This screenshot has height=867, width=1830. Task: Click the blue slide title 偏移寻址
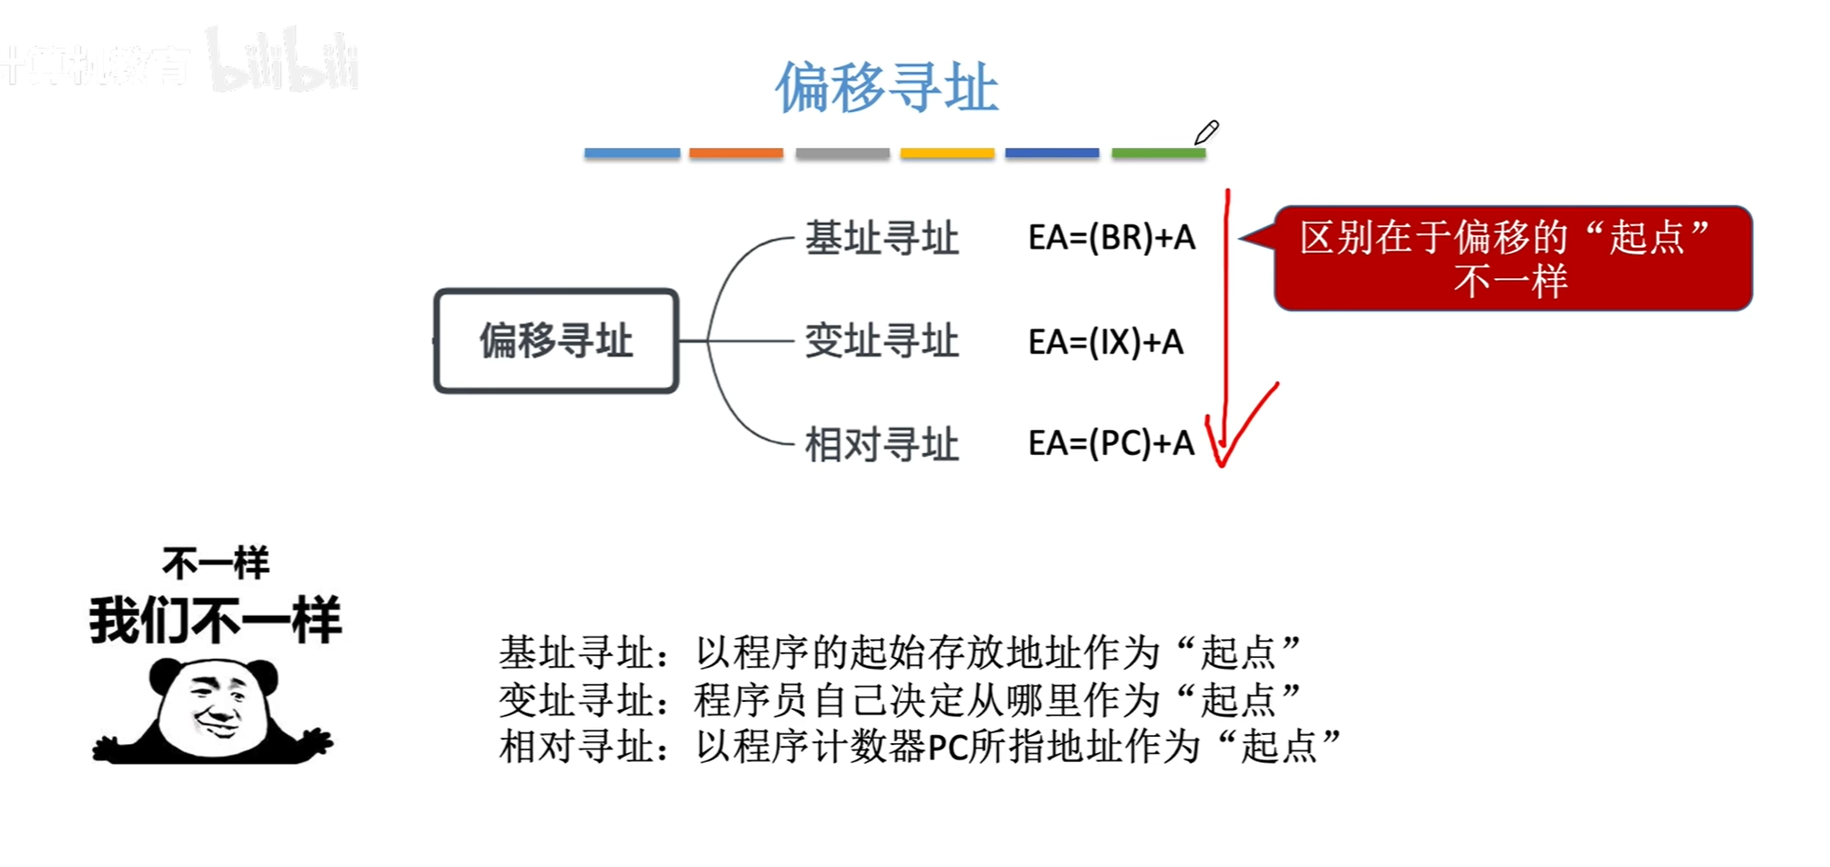tap(886, 88)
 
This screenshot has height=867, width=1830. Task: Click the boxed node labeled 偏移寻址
tap(556, 341)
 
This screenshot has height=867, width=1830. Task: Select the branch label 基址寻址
tap(882, 239)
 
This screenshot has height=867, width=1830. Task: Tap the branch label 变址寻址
tap(882, 342)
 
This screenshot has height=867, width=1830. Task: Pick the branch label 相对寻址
tap(882, 444)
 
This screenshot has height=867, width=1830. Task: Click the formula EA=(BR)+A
tap(1111, 238)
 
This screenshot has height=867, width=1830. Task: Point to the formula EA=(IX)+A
tap(1105, 342)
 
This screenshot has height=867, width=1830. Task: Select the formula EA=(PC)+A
tap(1111, 443)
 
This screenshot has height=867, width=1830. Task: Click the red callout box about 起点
tap(1512, 258)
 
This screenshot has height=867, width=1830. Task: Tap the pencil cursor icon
tap(1207, 133)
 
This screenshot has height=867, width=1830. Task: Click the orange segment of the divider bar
tap(736, 153)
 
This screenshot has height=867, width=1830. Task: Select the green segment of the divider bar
tap(1158, 153)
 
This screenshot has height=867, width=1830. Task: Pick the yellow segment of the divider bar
tap(947, 153)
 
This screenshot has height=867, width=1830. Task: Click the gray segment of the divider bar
tap(842, 153)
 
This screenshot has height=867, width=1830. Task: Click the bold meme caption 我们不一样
tap(215, 620)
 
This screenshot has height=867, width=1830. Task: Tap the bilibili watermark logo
tap(283, 63)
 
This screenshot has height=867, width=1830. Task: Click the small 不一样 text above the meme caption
tap(215, 564)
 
